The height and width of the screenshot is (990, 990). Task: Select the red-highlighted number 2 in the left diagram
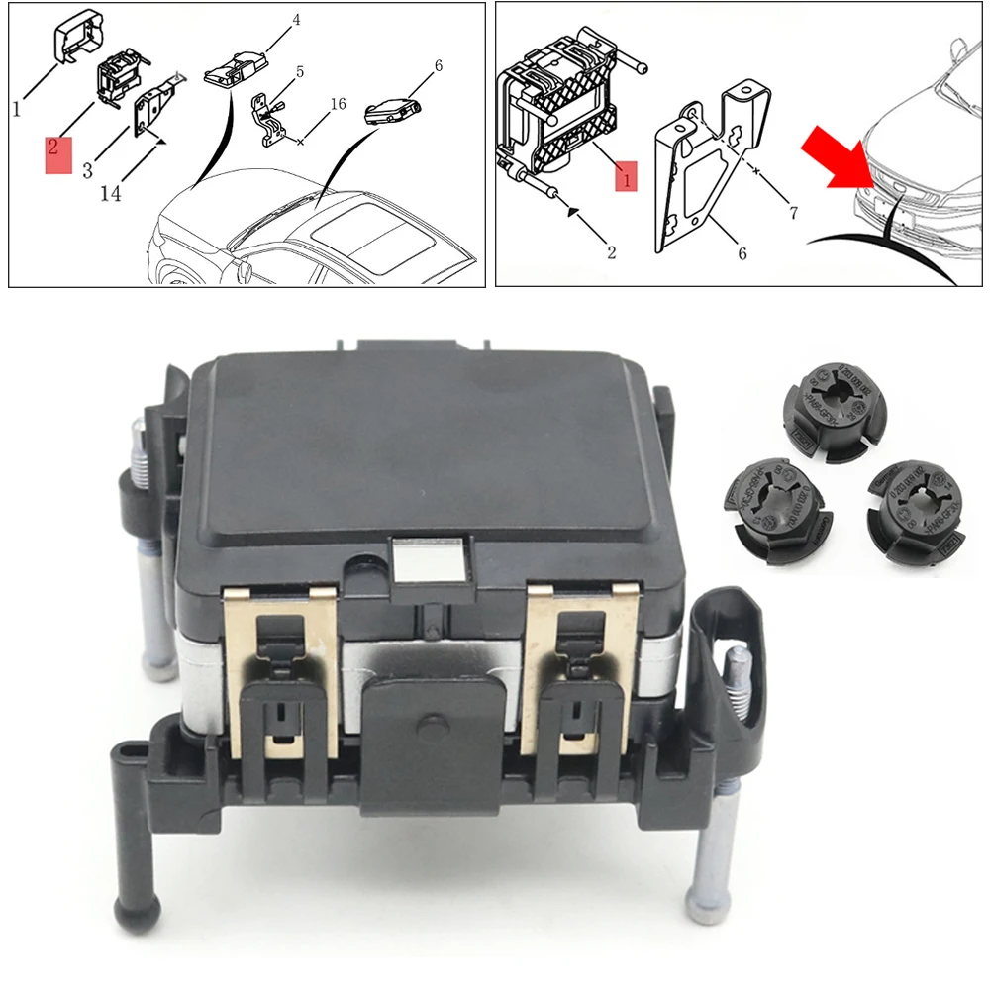tap(57, 153)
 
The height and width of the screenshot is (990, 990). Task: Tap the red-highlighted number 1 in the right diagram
tap(625, 174)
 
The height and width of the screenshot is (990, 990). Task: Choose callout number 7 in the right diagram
tap(792, 211)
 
